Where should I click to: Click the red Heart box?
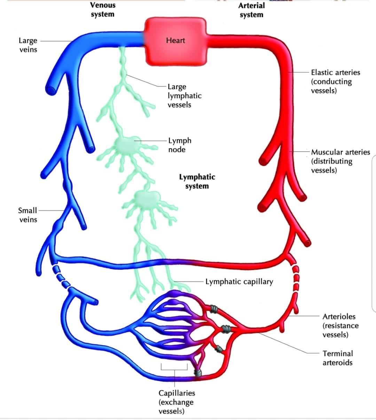pyautogui.click(x=175, y=41)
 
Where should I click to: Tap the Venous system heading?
pyautogui.click(x=103, y=9)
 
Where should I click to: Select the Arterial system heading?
pyautogui.click(x=252, y=10)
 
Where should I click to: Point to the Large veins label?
pyautogui.click(x=28, y=45)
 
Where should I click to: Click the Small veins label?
pyautogui.click(x=28, y=215)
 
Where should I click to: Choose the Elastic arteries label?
pyautogui.click(x=335, y=81)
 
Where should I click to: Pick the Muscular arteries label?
pyautogui.click(x=340, y=161)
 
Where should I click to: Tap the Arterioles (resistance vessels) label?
pyautogui.click(x=340, y=326)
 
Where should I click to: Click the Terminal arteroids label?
pyautogui.click(x=338, y=358)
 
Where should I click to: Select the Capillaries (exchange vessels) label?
pyautogui.click(x=177, y=402)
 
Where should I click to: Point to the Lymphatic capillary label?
pyautogui.click(x=239, y=282)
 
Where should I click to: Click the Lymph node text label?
pyautogui.click(x=180, y=145)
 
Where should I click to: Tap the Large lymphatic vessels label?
pyautogui.click(x=185, y=96)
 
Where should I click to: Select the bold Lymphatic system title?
pyautogui.click(x=197, y=181)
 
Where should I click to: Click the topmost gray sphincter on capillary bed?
pyautogui.click(x=214, y=309)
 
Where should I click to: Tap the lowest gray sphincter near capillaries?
pyautogui.click(x=198, y=373)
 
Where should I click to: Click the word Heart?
pyautogui.click(x=175, y=40)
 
